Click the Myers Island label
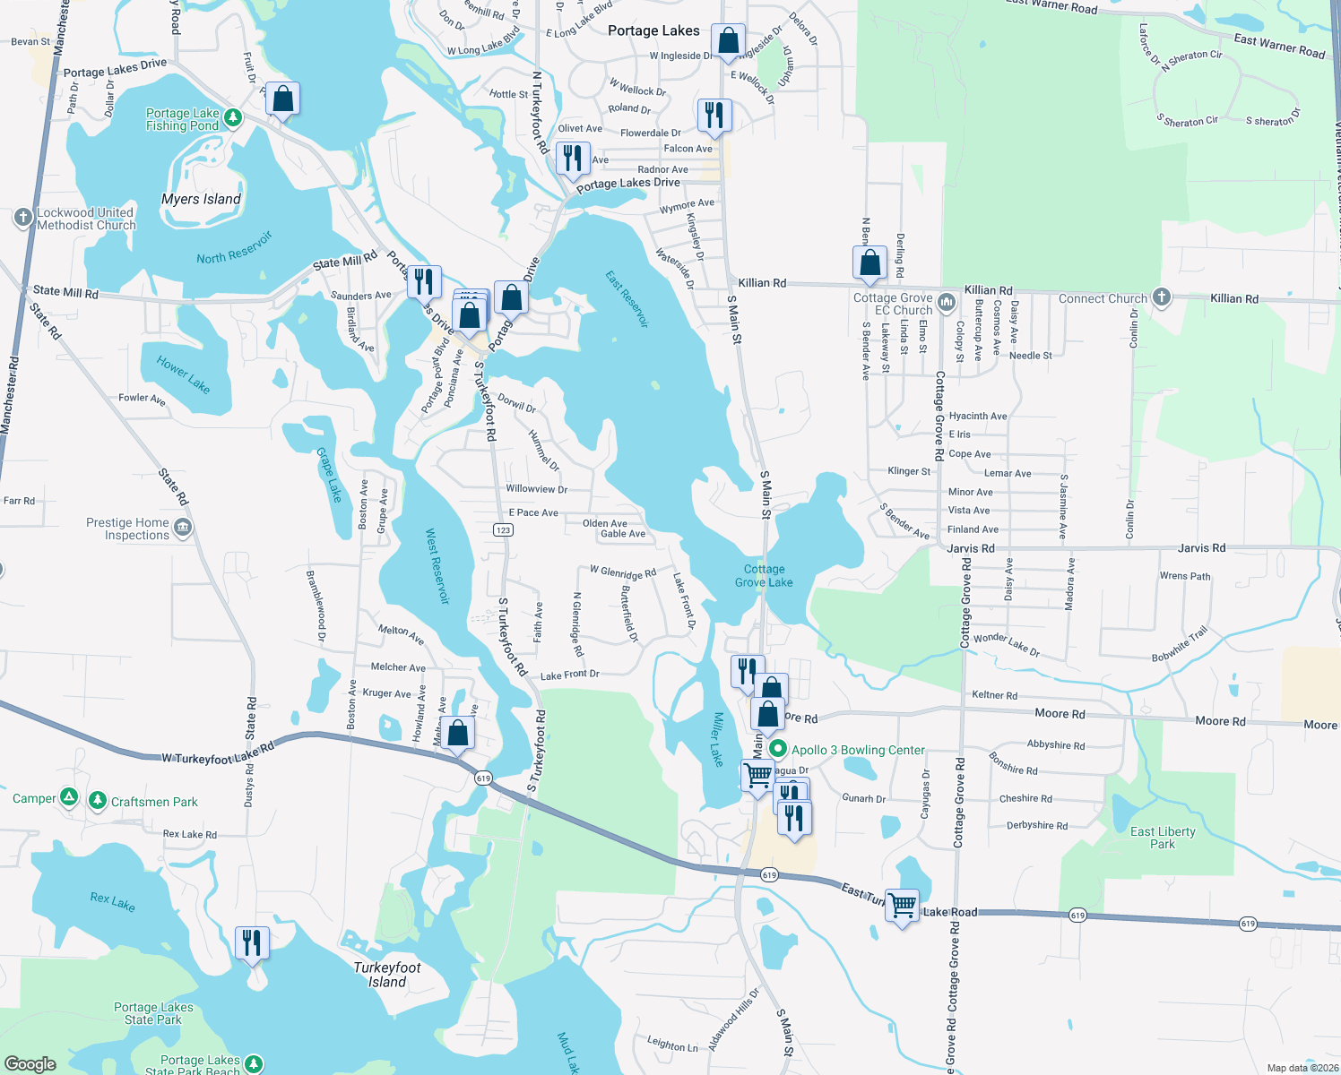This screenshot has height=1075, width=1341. point(201,199)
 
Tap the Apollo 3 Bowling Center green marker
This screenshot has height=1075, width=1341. point(777,749)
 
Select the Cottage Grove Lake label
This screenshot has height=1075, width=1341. point(764,575)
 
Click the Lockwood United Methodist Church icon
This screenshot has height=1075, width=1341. point(23,217)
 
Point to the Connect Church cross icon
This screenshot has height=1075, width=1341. point(1162,297)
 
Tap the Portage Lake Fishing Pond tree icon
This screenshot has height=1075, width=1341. point(233,117)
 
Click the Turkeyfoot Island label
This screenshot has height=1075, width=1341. point(387,975)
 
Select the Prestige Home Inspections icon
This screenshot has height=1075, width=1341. point(183,527)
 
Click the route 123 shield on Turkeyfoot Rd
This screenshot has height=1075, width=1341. point(503,530)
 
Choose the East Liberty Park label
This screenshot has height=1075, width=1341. point(1163,838)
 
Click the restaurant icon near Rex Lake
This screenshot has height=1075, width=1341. point(252,943)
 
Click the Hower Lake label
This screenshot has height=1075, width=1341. point(183,374)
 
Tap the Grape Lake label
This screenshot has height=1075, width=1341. point(330,475)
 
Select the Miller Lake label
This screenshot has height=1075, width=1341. point(717,739)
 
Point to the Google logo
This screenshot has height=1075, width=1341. point(30,1064)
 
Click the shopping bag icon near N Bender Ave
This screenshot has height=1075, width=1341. point(869,263)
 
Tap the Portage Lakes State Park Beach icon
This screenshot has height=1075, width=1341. point(254,1063)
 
